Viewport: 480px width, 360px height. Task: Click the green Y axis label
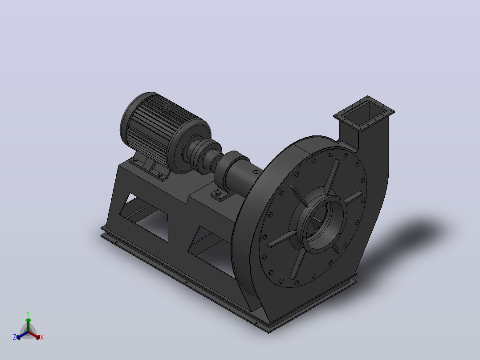(x=28, y=313)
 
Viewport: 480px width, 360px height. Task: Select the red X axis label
(x=42, y=337)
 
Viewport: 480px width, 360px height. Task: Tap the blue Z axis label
(x=15, y=337)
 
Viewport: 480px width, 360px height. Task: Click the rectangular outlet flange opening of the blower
(x=364, y=113)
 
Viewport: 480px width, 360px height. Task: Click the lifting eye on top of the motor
(x=167, y=106)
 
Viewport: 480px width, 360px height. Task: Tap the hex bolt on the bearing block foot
(x=218, y=193)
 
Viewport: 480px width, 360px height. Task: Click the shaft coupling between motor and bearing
(x=202, y=154)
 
